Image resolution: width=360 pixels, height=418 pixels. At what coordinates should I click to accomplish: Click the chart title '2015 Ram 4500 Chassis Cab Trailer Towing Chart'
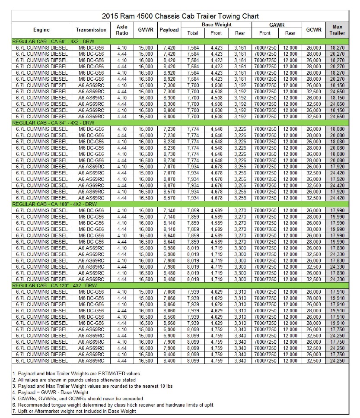click(x=180, y=16)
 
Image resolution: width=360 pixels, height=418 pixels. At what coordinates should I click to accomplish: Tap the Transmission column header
click(x=91, y=30)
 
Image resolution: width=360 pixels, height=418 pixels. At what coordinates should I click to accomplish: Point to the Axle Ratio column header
click(x=122, y=30)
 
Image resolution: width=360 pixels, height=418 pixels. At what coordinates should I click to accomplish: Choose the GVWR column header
click(x=145, y=30)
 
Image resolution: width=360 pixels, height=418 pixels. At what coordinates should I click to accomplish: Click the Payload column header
click(x=169, y=30)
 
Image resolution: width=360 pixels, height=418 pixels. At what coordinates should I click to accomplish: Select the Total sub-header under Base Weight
click(x=193, y=33)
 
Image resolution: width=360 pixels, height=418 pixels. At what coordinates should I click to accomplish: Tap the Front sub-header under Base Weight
click(x=216, y=33)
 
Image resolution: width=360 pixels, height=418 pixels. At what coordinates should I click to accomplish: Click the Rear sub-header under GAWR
click(x=290, y=33)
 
